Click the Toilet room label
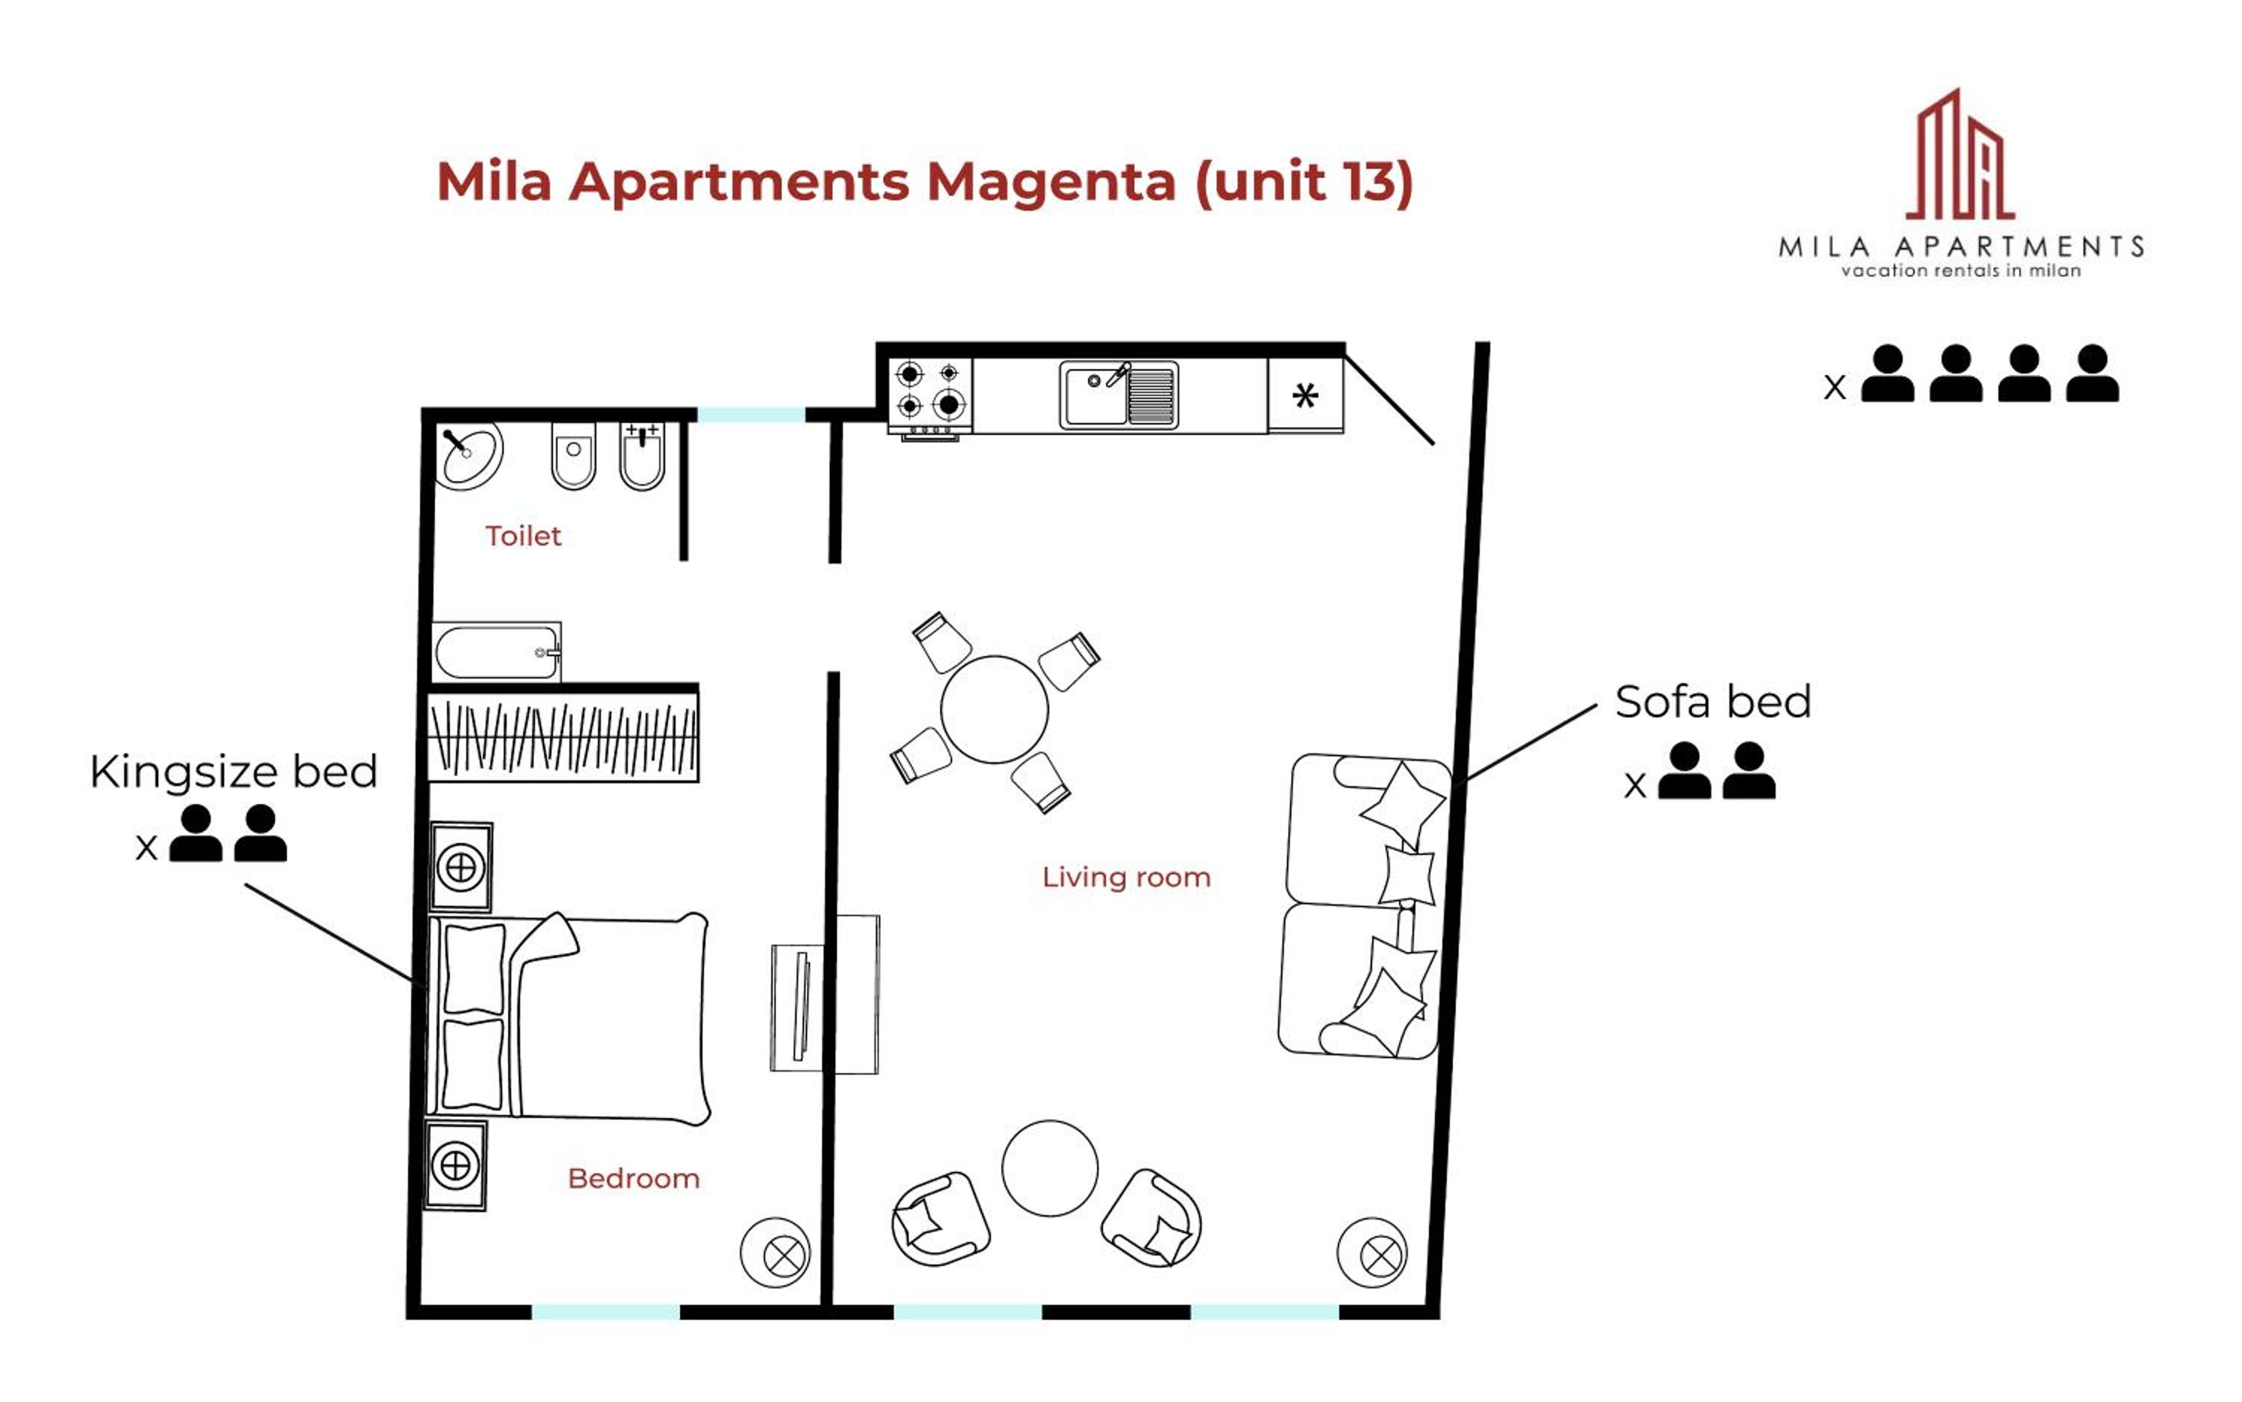(523, 536)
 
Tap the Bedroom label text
(633, 1179)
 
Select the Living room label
(1125, 877)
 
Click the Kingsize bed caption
(234, 771)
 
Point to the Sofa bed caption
(1713, 702)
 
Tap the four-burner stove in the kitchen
(930, 396)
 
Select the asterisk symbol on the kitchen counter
(1305, 396)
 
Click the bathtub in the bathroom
(497, 652)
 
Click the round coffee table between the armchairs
(1049, 1168)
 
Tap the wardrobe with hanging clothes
(563, 737)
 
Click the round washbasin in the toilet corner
(470, 454)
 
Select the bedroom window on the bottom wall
(605, 1312)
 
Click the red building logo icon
(1960, 155)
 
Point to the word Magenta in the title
(1051, 182)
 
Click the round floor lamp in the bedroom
(775, 1253)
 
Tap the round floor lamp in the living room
(1372, 1253)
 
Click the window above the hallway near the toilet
(751, 415)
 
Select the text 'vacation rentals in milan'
(1960, 271)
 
